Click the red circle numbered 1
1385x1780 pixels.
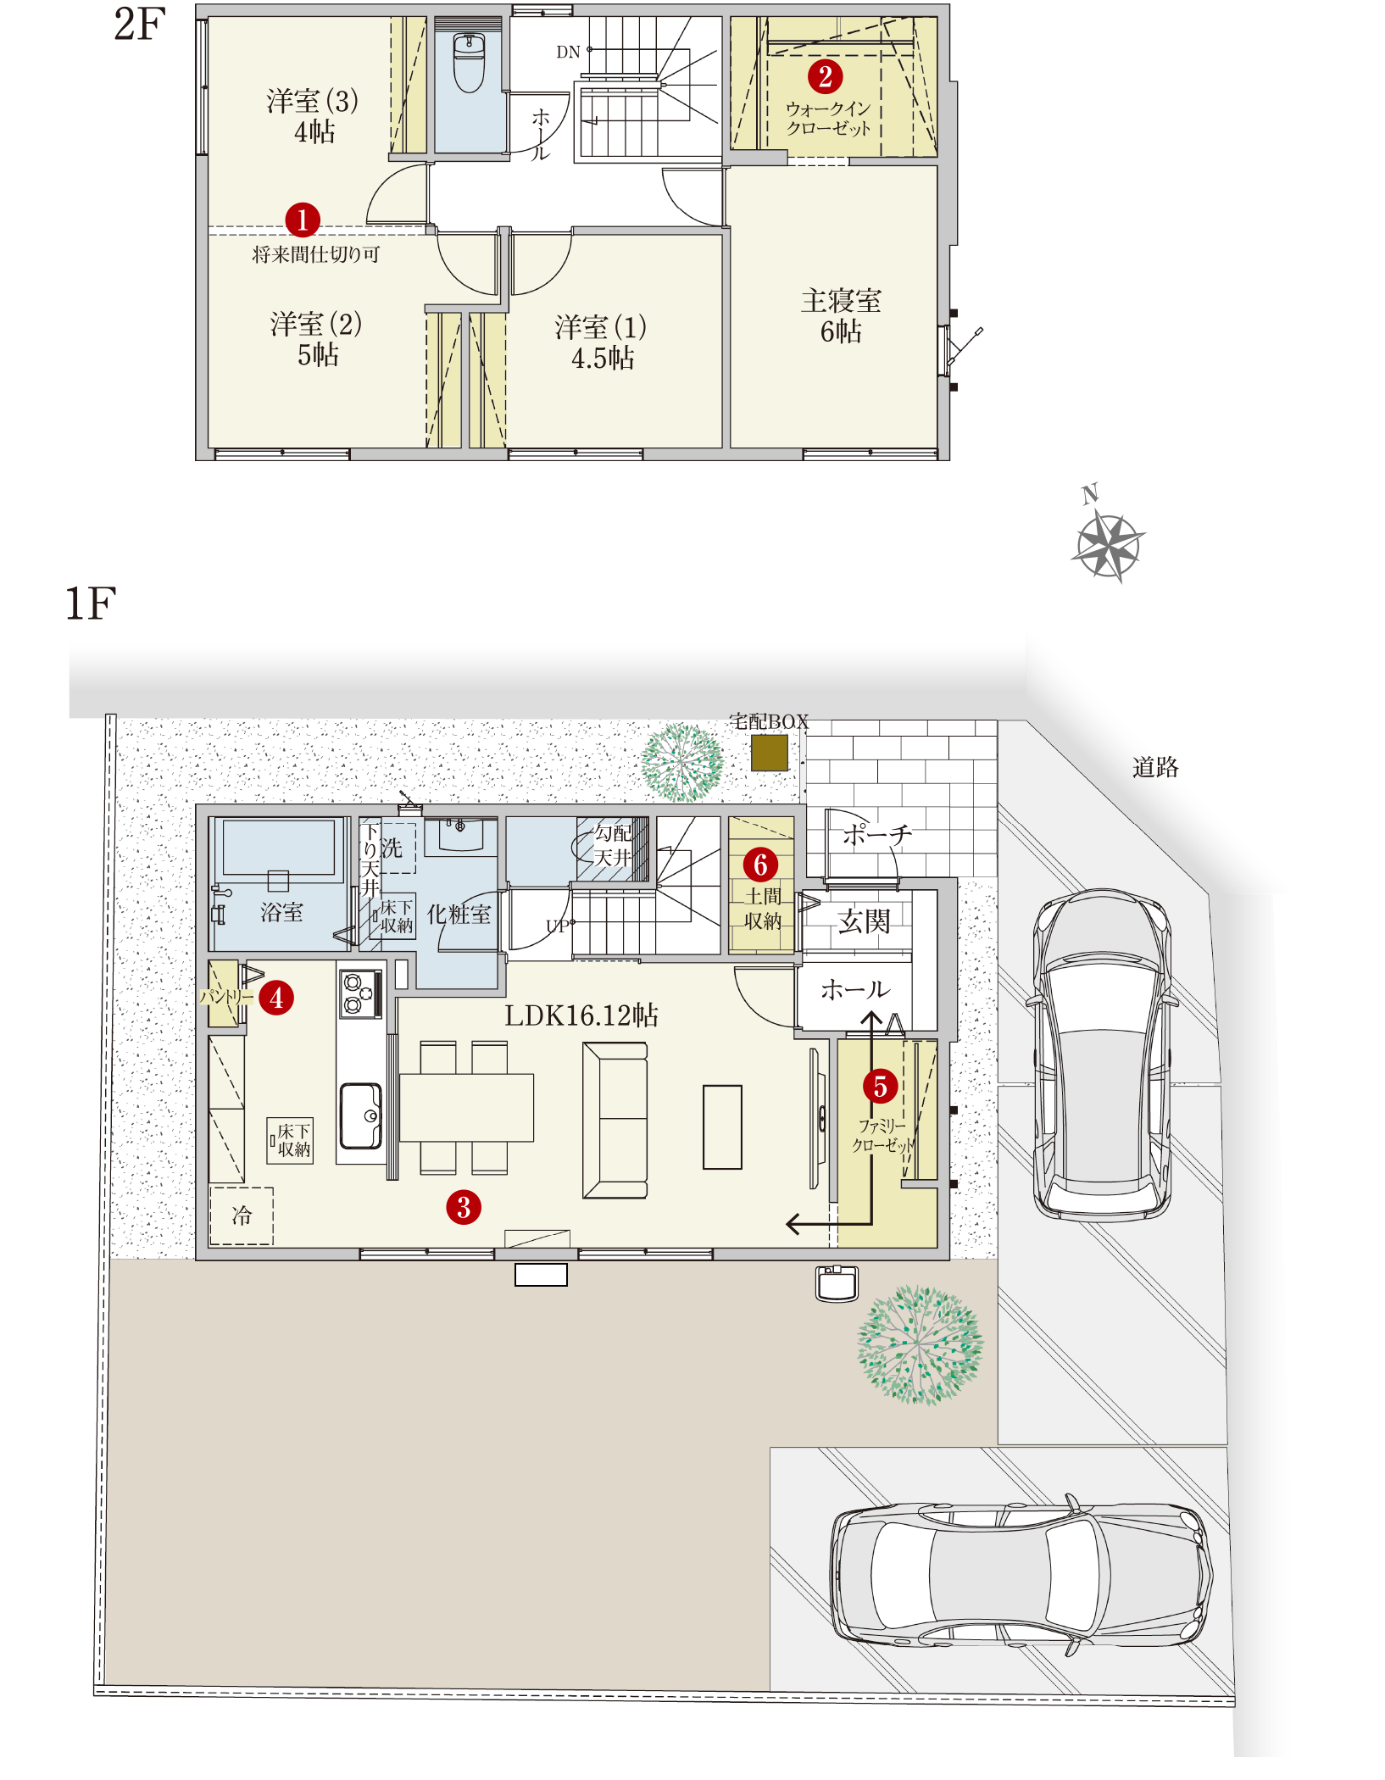point(303,220)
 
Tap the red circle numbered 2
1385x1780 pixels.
point(825,76)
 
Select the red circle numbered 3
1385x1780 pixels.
point(464,1207)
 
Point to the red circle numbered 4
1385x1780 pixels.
point(276,998)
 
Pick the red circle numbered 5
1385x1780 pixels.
point(880,1086)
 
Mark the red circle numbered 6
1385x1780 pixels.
point(760,865)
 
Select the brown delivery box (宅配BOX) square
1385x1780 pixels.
point(770,753)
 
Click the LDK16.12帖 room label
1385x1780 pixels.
point(581,1015)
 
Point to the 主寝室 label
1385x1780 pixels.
point(842,300)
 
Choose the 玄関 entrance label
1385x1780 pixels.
point(864,921)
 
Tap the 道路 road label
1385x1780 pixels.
point(1155,767)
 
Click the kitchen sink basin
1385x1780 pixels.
point(361,1115)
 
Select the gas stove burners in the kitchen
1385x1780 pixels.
point(360,993)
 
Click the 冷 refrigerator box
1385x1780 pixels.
point(242,1216)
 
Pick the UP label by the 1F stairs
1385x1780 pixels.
point(558,926)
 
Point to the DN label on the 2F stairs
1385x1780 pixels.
point(568,52)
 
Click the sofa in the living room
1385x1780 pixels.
point(615,1120)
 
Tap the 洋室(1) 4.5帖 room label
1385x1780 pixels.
point(602,342)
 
